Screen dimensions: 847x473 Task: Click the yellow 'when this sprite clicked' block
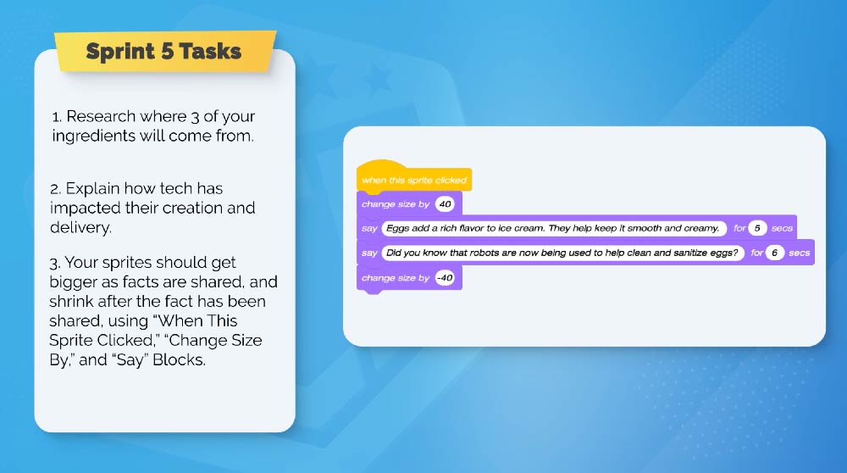[x=414, y=177]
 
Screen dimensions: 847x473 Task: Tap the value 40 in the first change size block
[x=445, y=203]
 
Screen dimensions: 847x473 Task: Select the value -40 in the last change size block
[x=445, y=278]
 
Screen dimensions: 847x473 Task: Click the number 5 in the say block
[x=757, y=228]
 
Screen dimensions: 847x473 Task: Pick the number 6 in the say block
[x=775, y=253]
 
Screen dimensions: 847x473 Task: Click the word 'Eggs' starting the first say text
[x=397, y=228]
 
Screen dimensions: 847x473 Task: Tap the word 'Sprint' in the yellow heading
[x=120, y=52]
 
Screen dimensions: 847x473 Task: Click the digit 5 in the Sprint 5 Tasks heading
[x=168, y=51]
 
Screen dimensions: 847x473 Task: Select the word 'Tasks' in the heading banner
[x=210, y=51]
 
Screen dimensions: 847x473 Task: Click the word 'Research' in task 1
[x=101, y=116]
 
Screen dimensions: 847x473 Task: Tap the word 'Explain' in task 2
[x=92, y=189]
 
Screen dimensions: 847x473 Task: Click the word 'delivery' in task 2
[x=80, y=227]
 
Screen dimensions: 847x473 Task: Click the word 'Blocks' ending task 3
[x=178, y=359]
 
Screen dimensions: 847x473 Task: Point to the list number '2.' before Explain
[x=55, y=189]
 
